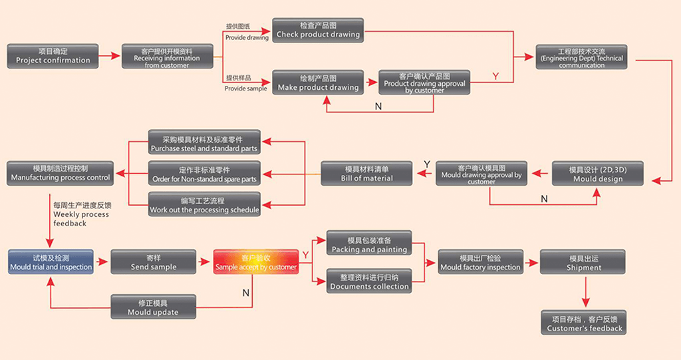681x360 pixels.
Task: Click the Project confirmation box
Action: (53, 56)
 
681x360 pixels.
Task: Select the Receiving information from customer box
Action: (166, 57)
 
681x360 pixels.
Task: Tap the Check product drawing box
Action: (318, 30)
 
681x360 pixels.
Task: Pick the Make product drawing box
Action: (318, 83)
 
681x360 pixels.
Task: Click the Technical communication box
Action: (581, 57)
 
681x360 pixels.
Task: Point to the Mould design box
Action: (598, 174)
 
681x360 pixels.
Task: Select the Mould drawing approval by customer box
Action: (481, 174)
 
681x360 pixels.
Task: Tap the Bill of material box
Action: (367, 174)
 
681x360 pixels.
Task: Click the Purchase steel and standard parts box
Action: (204, 144)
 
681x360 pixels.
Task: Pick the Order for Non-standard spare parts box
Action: (204, 174)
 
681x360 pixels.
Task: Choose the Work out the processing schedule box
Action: (204, 204)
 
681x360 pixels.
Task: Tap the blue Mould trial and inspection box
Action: (51, 262)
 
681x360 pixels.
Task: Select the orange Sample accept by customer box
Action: (256, 262)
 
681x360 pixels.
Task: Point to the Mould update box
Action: (153, 307)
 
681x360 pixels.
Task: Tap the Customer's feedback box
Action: (585, 323)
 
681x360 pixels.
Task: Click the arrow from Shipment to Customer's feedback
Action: (585, 291)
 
